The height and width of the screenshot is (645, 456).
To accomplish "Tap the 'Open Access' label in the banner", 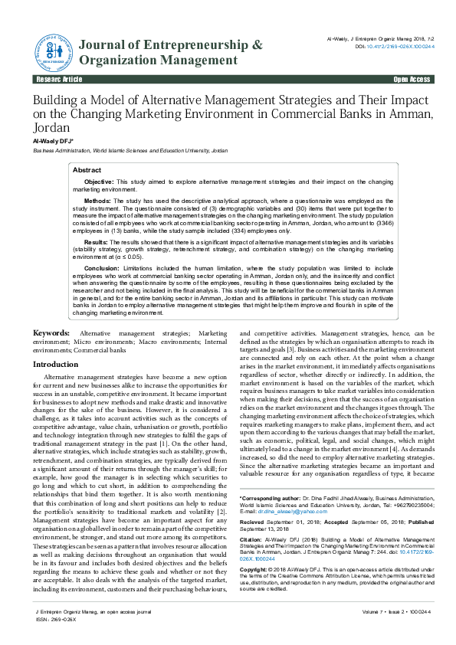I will [412, 80].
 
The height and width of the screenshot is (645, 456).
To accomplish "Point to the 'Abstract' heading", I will [87, 170].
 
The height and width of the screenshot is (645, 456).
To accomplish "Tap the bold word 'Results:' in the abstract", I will [96, 241].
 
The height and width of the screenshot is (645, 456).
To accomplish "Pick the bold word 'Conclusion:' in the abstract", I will [101, 269].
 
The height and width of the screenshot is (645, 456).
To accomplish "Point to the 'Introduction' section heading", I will [61, 365].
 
